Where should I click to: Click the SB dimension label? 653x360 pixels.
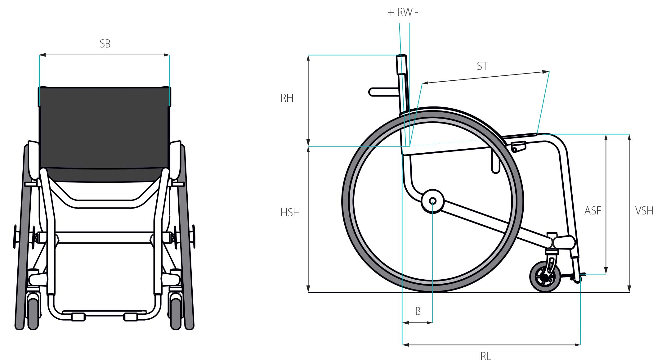(105, 44)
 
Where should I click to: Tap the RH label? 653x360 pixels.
(287, 98)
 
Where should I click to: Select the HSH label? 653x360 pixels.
(290, 213)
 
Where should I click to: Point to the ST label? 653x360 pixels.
(482, 66)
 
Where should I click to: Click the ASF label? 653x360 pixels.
(593, 211)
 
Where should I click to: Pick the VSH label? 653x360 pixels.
(644, 211)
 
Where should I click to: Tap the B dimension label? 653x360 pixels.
(418, 311)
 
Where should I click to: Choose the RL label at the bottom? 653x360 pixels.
(486, 356)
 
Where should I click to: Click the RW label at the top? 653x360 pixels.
(405, 12)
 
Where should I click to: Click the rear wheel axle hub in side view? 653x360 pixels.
(432, 201)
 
